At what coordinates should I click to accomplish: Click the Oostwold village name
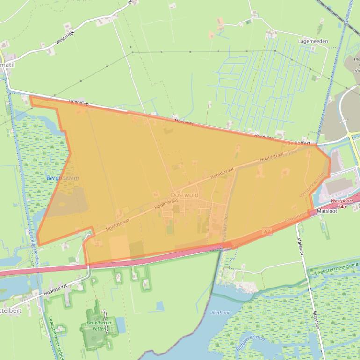[x=184, y=195]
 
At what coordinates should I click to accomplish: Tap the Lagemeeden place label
[x=313, y=41]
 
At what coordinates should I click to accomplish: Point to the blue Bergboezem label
[x=63, y=178]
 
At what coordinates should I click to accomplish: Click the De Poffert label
[x=299, y=143]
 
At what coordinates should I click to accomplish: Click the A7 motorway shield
[x=267, y=231]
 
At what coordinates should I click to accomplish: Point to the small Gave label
[x=293, y=152]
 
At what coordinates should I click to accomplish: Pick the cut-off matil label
[x=7, y=65]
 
